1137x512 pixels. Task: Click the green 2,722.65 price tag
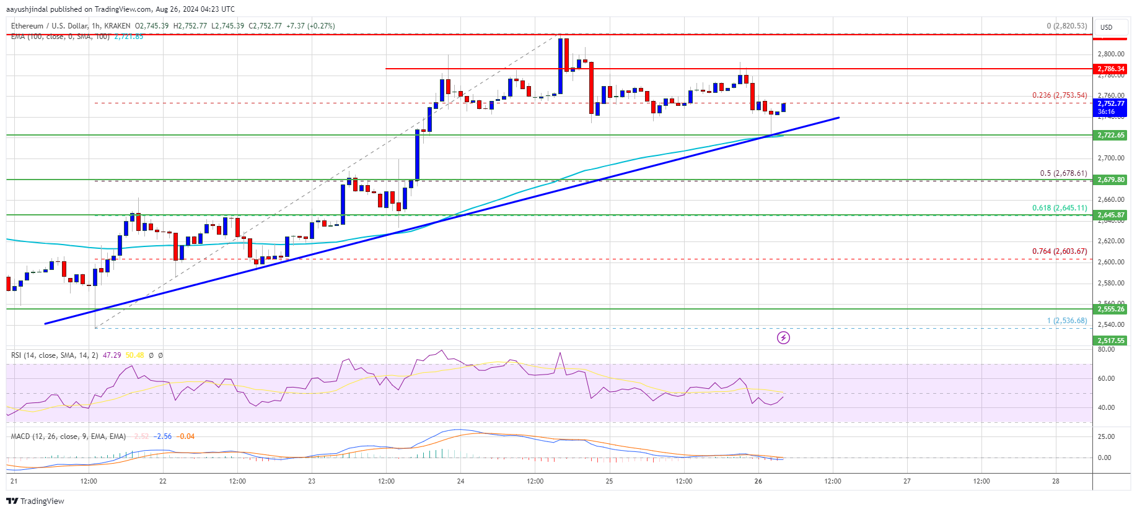[x=1110, y=135]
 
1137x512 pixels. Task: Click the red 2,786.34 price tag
[x=1110, y=69]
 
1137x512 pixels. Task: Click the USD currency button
[x=1107, y=27]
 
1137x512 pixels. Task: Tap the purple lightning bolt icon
[x=783, y=337]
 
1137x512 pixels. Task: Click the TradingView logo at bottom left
[x=35, y=501]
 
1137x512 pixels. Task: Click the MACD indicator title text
[x=68, y=436]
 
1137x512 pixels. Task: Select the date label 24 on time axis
[x=460, y=481]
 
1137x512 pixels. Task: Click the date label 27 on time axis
[x=907, y=481]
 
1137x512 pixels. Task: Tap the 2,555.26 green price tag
[x=1110, y=309]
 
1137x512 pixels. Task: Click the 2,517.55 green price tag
[x=1110, y=341]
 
